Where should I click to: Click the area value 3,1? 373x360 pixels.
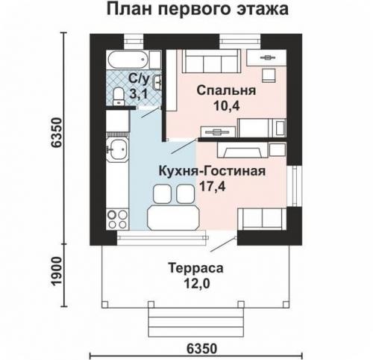(x=139, y=93)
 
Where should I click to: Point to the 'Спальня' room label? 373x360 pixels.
(x=226, y=90)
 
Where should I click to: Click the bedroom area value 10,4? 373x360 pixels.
(x=226, y=105)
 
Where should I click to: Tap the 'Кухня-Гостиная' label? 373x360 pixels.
(x=212, y=170)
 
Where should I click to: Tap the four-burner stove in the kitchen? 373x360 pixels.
(x=116, y=217)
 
